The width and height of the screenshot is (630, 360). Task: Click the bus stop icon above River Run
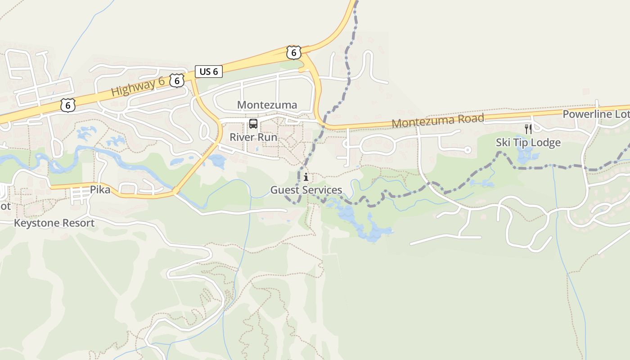coord(253,124)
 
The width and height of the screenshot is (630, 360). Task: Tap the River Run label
coord(253,137)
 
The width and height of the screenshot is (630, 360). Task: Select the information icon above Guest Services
coord(306,177)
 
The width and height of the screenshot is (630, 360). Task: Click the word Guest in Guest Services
coord(283,190)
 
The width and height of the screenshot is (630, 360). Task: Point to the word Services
coord(321,190)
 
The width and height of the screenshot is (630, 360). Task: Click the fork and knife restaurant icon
coord(528,129)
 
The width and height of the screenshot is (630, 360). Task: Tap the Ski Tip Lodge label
coord(528,143)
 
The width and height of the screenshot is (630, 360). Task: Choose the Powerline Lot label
coord(595,114)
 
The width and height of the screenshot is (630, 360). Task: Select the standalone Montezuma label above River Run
coord(267,105)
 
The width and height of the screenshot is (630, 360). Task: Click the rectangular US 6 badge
coord(209,71)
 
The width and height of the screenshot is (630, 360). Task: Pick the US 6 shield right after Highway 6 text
coord(177,81)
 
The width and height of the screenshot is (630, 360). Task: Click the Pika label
coord(100,189)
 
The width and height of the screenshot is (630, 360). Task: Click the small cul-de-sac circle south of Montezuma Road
coord(468,150)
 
